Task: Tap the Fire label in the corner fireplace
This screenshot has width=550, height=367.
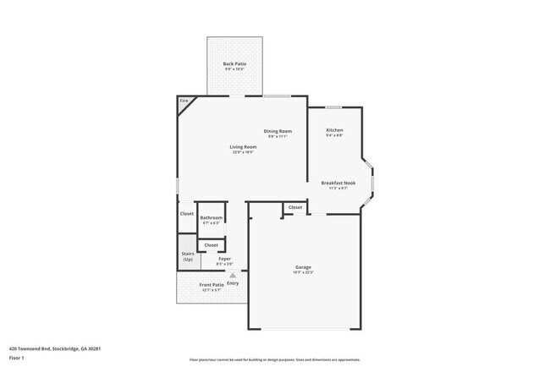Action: (x=183, y=102)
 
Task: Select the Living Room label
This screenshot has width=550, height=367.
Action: (x=243, y=147)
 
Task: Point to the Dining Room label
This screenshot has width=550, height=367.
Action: (x=277, y=131)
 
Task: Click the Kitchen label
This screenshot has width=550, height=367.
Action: (x=334, y=129)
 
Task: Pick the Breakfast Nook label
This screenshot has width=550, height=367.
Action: (x=338, y=183)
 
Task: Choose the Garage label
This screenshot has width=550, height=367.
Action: (x=305, y=267)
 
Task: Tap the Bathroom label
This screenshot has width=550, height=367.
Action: (x=212, y=218)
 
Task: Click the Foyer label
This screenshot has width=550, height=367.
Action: (x=224, y=259)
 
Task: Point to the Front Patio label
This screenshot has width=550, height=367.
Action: (x=212, y=285)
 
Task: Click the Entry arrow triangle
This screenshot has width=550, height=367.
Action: (x=233, y=275)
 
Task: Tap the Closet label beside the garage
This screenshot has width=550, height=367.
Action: (x=295, y=207)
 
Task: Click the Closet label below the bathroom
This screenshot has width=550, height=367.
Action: (x=212, y=245)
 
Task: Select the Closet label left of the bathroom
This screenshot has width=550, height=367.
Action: (x=187, y=214)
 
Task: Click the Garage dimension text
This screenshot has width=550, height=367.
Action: (x=305, y=272)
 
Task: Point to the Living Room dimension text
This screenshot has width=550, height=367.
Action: (x=243, y=152)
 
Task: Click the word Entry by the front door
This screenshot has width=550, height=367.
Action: (x=233, y=282)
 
